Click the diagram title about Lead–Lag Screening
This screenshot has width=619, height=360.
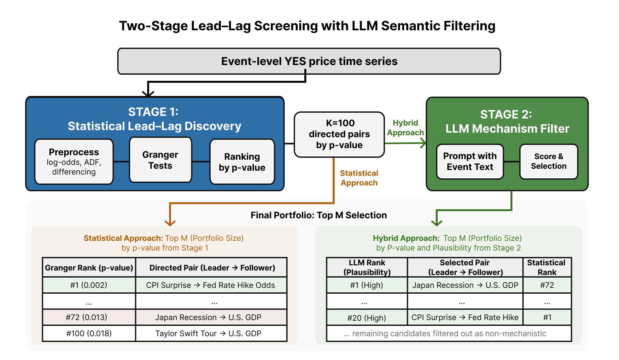point(307,26)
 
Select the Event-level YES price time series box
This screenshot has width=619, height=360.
point(309,61)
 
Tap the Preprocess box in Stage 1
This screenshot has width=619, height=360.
point(74,162)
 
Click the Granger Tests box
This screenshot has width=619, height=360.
point(160,160)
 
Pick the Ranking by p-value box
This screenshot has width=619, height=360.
point(242,162)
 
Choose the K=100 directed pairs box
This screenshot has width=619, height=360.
point(339,134)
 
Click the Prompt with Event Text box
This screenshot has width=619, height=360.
point(470,161)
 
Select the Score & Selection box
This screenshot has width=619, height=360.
point(549,161)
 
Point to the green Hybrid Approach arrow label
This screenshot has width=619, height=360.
point(405,128)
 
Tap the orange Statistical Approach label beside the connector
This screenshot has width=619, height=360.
point(359,178)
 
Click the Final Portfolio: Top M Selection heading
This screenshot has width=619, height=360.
point(319,215)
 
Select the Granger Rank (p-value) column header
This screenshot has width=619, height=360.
point(89,268)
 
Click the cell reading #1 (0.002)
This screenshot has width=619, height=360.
point(89,285)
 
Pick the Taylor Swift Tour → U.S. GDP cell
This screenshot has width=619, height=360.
point(208,333)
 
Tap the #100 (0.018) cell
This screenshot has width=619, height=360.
point(89,333)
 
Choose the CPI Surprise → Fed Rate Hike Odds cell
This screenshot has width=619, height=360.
point(211,285)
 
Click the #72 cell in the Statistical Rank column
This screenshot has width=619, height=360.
point(547,285)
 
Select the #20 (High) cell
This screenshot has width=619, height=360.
point(367,317)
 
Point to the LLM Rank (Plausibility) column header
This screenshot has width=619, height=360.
point(367,267)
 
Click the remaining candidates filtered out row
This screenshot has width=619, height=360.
point(449,333)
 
